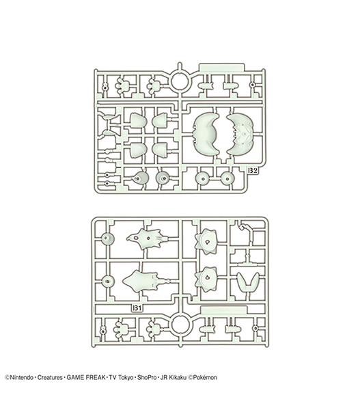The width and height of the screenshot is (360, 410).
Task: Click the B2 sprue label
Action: click(253, 171)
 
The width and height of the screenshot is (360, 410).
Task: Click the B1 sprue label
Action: click(137, 308)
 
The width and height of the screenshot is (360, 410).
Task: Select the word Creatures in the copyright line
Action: click(50, 378)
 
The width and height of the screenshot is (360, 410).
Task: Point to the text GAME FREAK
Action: click(86, 378)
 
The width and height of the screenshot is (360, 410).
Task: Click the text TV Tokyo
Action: click(121, 378)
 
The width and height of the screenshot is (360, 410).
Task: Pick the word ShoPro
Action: click(147, 378)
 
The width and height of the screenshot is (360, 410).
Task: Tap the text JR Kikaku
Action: click(174, 378)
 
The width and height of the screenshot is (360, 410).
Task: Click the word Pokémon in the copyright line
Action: click(205, 378)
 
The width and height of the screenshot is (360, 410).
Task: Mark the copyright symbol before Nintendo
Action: click(7, 378)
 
